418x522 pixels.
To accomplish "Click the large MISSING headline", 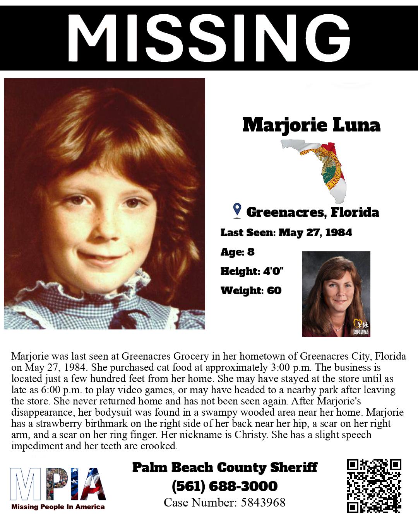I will [x=209, y=38].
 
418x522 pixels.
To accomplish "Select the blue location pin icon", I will [x=237, y=210].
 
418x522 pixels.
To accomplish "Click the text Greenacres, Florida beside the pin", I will [x=312, y=212].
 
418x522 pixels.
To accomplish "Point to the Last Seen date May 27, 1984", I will [x=315, y=232].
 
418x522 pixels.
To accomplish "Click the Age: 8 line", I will [x=237, y=252].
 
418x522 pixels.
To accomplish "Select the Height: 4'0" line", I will [x=252, y=271].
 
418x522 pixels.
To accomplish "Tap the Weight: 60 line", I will [x=251, y=290].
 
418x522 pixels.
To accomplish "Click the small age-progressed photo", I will [x=336, y=294].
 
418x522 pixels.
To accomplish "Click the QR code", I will [x=374, y=486].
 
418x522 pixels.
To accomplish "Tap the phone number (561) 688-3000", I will [x=224, y=486].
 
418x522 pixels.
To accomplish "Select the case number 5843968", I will [x=263, y=502].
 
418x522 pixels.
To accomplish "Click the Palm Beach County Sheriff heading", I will [x=224, y=467].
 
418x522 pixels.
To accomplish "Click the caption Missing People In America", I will [x=58, y=507].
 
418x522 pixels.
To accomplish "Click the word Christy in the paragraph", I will [x=250, y=435].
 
